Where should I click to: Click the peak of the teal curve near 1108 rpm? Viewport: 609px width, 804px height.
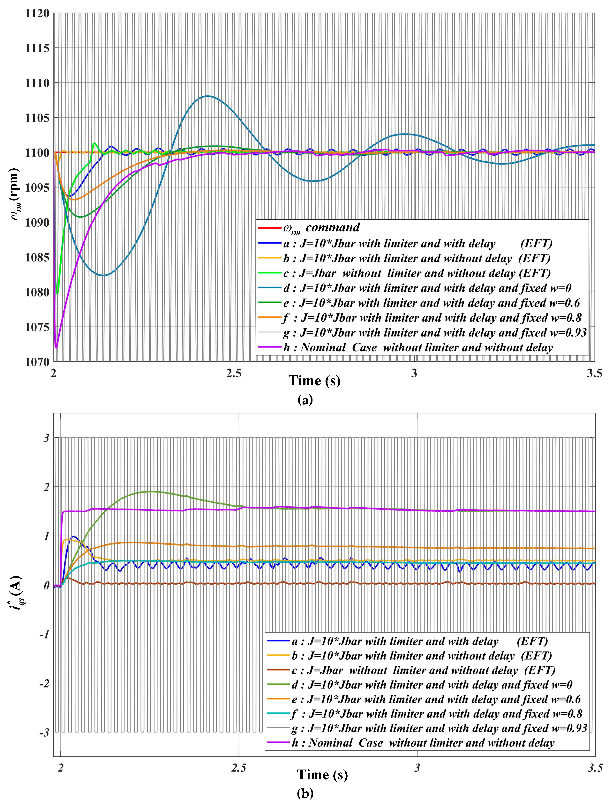coord(207,96)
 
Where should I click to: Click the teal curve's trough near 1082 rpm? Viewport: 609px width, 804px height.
coord(104,275)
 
